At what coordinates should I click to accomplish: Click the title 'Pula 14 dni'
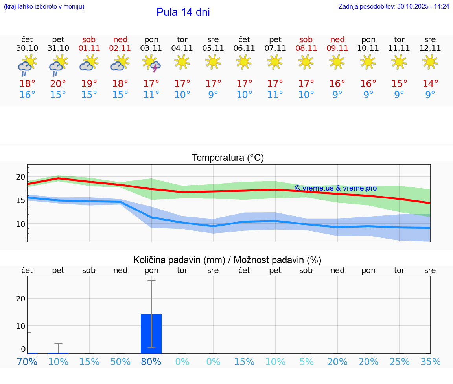pyautogui.click(x=183, y=12)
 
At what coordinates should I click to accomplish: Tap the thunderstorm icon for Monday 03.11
pyautogui.click(x=151, y=63)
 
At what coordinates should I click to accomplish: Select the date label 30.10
pyautogui.click(x=27, y=48)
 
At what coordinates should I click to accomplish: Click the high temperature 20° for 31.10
pyautogui.click(x=58, y=84)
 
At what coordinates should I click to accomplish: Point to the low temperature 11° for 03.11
pyautogui.click(x=151, y=95)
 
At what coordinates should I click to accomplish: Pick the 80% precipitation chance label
pyautogui.click(x=151, y=362)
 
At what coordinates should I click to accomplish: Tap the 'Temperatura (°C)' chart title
pyautogui.click(x=228, y=158)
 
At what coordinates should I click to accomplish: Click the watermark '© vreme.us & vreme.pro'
pyautogui.click(x=335, y=188)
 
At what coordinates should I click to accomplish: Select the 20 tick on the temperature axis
pyautogui.click(x=20, y=177)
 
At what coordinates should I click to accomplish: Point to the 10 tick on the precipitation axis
pyautogui.click(x=20, y=326)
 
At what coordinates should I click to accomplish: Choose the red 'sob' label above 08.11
pyautogui.click(x=306, y=39)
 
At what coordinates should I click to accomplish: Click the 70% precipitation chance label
pyautogui.click(x=27, y=362)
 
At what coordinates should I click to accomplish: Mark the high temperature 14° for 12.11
pyautogui.click(x=430, y=84)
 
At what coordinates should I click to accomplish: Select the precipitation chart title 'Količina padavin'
pyautogui.click(x=227, y=260)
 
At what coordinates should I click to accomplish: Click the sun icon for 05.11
pyautogui.click(x=213, y=62)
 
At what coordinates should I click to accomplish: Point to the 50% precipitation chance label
pyautogui.click(x=120, y=362)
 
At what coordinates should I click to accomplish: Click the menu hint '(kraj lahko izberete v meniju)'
pyautogui.click(x=44, y=7)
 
